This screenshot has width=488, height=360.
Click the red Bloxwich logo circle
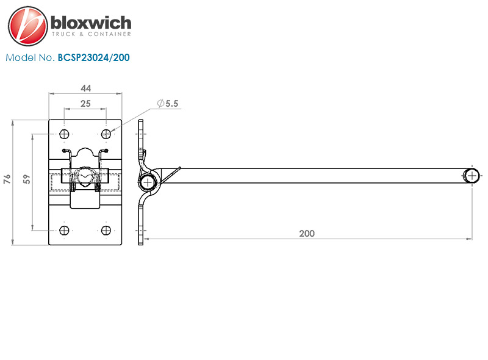28,26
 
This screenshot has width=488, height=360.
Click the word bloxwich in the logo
91,23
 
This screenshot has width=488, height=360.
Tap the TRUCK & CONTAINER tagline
91,34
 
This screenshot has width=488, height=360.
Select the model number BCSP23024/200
94,57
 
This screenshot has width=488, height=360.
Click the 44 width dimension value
85,88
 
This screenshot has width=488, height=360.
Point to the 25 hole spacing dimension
85,104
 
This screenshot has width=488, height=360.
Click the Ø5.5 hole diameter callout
168,103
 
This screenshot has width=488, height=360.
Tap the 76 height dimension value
7,179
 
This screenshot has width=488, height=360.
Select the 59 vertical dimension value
27,179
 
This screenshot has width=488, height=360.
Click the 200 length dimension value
307,234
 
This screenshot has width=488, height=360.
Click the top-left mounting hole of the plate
64,134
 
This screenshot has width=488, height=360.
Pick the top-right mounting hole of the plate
106,134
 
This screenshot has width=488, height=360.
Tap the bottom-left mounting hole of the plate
64,231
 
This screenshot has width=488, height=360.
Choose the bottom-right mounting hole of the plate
106,231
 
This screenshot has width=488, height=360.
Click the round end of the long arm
472,176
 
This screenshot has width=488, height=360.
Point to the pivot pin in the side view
148,182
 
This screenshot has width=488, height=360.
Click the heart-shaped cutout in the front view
85,178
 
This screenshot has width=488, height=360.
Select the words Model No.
30,57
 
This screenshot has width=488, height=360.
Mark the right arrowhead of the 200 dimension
469,239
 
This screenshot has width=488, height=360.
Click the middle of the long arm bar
311,176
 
